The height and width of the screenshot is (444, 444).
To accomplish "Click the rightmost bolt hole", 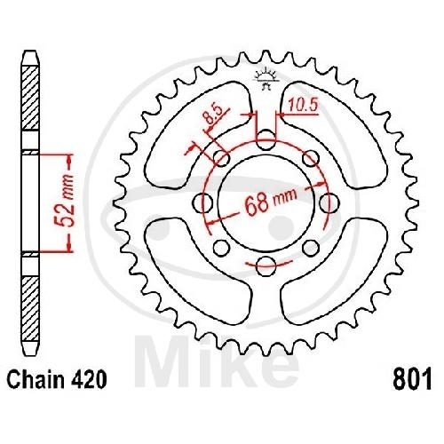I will coord(328,202).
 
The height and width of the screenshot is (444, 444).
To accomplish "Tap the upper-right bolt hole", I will coord(311,158).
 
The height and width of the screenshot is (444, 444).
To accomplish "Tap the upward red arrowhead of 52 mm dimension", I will coord(66,158).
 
